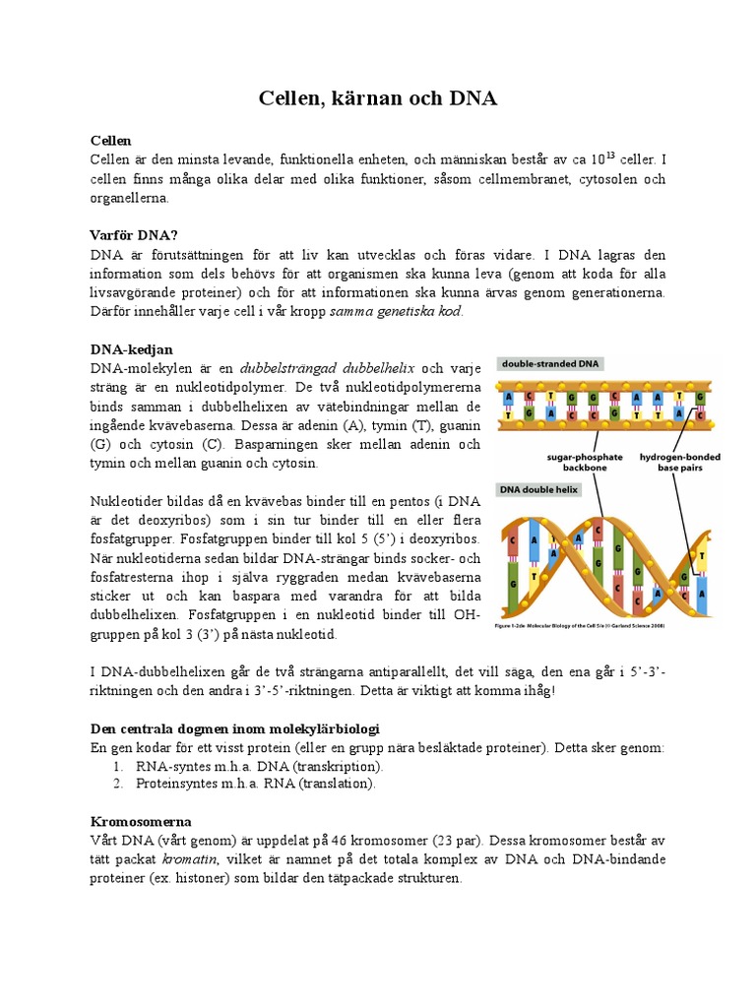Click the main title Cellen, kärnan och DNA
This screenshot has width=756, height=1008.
(x=378, y=98)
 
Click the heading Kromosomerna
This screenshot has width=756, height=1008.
(x=141, y=820)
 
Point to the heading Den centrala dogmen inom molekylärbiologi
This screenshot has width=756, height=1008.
(x=234, y=727)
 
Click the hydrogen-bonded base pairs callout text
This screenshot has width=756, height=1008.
(x=679, y=464)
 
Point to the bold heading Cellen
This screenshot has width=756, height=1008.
(x=110, y=141)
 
